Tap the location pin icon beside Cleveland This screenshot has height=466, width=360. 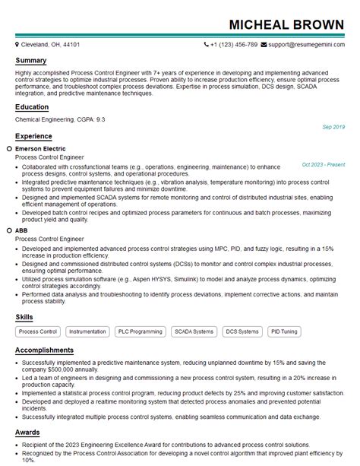(x=17, y=45)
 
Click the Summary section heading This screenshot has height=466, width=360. (x=31, y=60)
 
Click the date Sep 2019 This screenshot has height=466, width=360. (x=333, y=126)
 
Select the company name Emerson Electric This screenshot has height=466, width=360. (x=40, y=149)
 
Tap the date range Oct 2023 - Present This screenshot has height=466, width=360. (x=323, y=164)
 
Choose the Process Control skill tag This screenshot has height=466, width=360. (x=38, y=331)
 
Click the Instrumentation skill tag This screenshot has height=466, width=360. (x=87, y=331)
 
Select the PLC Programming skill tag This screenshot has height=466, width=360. (x=140, y=331)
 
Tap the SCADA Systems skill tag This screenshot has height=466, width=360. (x=194, y=331)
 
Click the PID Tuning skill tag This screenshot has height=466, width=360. (x=285, y=331)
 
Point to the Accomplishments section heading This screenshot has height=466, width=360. (x=45, y=350)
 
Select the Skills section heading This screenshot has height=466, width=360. (x=25, y=315)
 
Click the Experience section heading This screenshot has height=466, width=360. (x=34, y=136)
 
